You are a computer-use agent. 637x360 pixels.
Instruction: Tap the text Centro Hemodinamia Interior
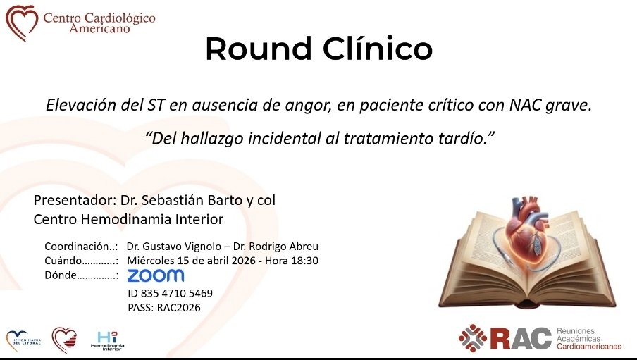pyautogui.click(x=128, y=220)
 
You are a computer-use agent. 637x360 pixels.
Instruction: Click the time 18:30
pyautogui.click(x=304, y=261)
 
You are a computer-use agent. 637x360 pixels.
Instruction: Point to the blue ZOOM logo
pyautogui.click(x=155, y=275)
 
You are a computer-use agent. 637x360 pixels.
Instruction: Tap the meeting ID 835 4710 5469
pyautogui.click(x=170, y=293)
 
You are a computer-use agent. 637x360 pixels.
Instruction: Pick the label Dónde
pyautogui.click(x=59, y=275)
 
